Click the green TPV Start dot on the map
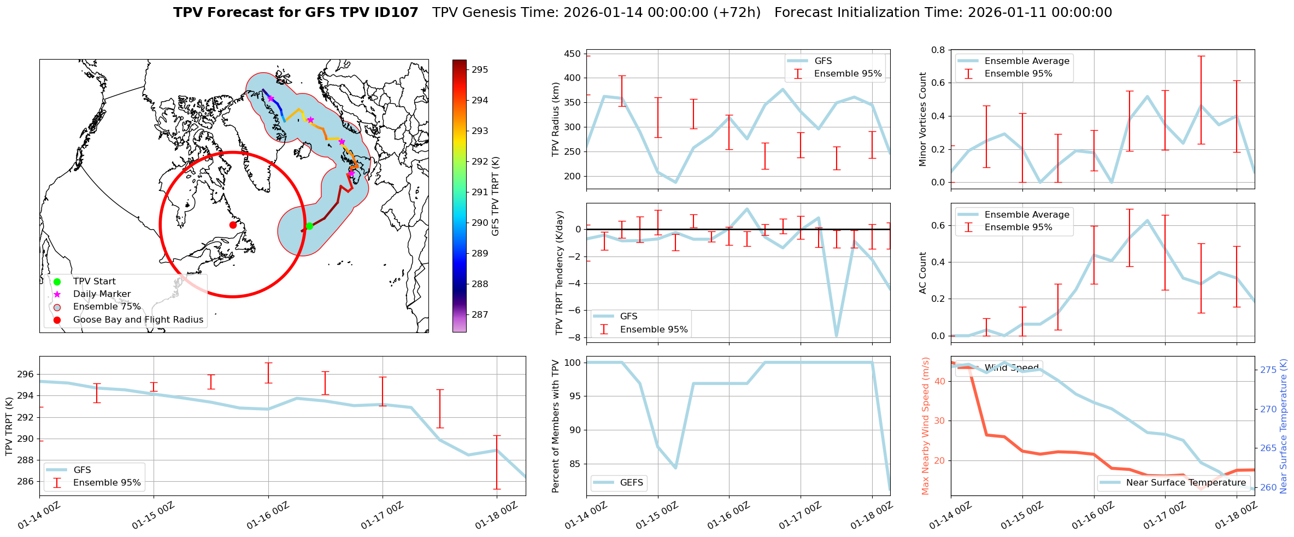click(x=309, y=226)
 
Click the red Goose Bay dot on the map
click(x=233, y=225)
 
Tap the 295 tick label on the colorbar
click(x=480, y=69)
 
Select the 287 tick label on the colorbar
click(x=480, y=314)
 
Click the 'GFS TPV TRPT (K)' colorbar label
click(x=496, y=196)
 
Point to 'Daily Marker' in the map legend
click(x=102, y=294)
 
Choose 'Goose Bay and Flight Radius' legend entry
click(x=138, y=319)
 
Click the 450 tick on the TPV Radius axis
click(x=572, y=54)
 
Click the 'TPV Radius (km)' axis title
click(x=556, y=119)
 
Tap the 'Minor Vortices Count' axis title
click(x=923, y=119)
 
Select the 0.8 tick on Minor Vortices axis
click(x=938, y=50)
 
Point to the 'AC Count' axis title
click(x=923, y=273)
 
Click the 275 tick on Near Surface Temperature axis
click(x=1268, y=370)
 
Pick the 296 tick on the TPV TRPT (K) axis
click(x=26, y=375)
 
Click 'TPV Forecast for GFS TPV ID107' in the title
click(x=296, y=13)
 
